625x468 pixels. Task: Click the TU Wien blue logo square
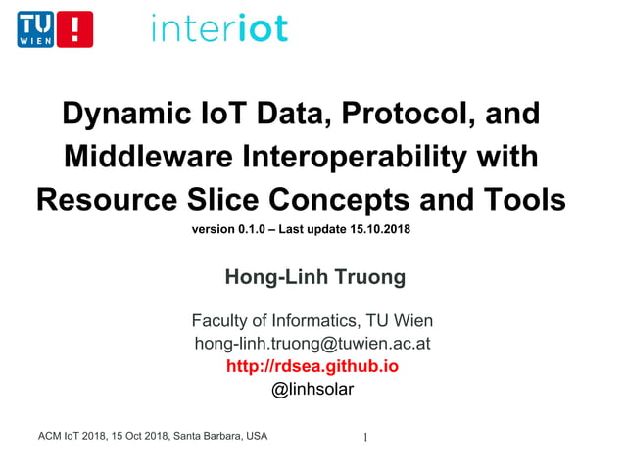click(35, 29)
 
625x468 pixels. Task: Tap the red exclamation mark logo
click(75, 29)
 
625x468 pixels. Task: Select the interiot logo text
click(219, 27)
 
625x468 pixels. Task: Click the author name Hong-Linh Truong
click(313, 277)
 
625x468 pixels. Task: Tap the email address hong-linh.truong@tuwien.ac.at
click(312, 344)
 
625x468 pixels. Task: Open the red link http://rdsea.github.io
click(312, 366)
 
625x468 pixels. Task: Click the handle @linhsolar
click(312, 389)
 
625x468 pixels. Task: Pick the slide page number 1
click(365, 437)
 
